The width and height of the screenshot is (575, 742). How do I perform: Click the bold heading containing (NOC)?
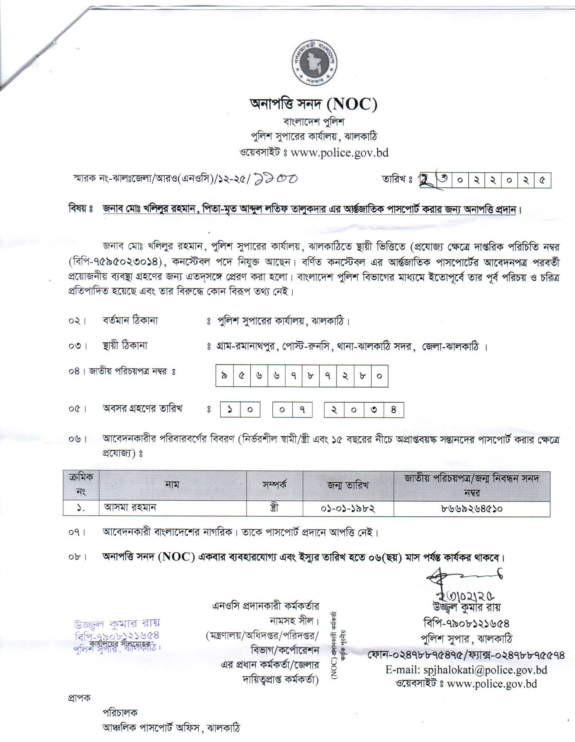point(313,105)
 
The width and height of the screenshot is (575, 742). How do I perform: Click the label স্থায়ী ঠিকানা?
point(125,346)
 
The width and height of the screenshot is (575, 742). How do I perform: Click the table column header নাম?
point(173,484)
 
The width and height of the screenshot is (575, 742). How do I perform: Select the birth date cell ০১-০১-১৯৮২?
point(348,508)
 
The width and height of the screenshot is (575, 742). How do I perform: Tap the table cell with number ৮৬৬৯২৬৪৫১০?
point(471,508)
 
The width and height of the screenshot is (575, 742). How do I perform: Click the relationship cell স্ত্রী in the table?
point(275,508)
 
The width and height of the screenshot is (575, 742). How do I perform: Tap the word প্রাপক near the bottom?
point(79,698)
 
